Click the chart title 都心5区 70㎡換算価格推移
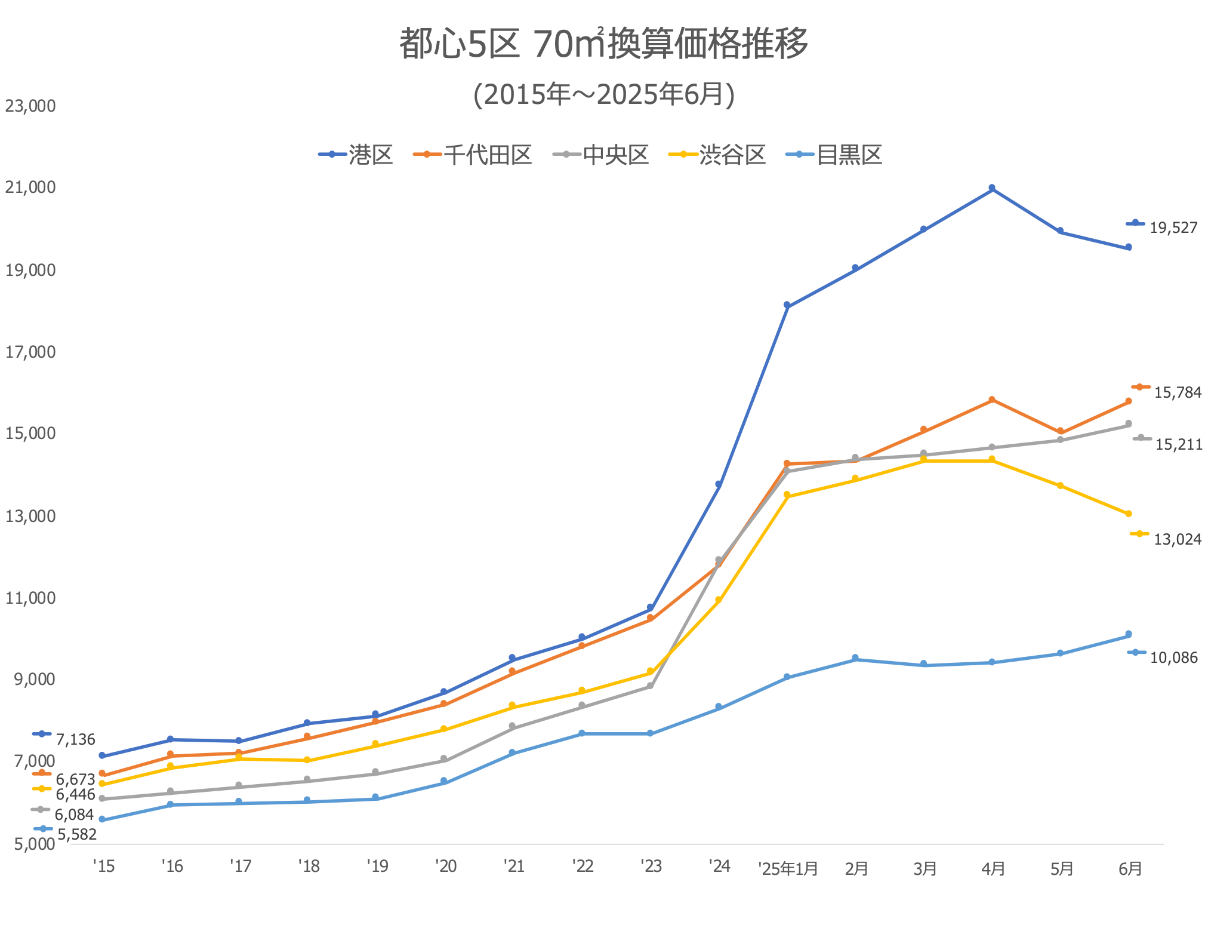point(603,44)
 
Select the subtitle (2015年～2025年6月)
point(603,94)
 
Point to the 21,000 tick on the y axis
point(30,188)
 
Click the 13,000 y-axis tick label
point(30,516)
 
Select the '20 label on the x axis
point(446,866)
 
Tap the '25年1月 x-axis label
point(788,868)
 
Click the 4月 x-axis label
point(993,868)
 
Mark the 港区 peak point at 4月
point(992,188)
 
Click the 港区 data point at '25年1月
point(787,305)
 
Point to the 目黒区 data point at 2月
point(855,658)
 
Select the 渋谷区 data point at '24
point(719,600)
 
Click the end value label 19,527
point(1173,228)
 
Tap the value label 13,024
point(1177,539)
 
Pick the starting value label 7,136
point(75,739)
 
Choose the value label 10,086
point(1173,657)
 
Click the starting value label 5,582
point(77,834)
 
